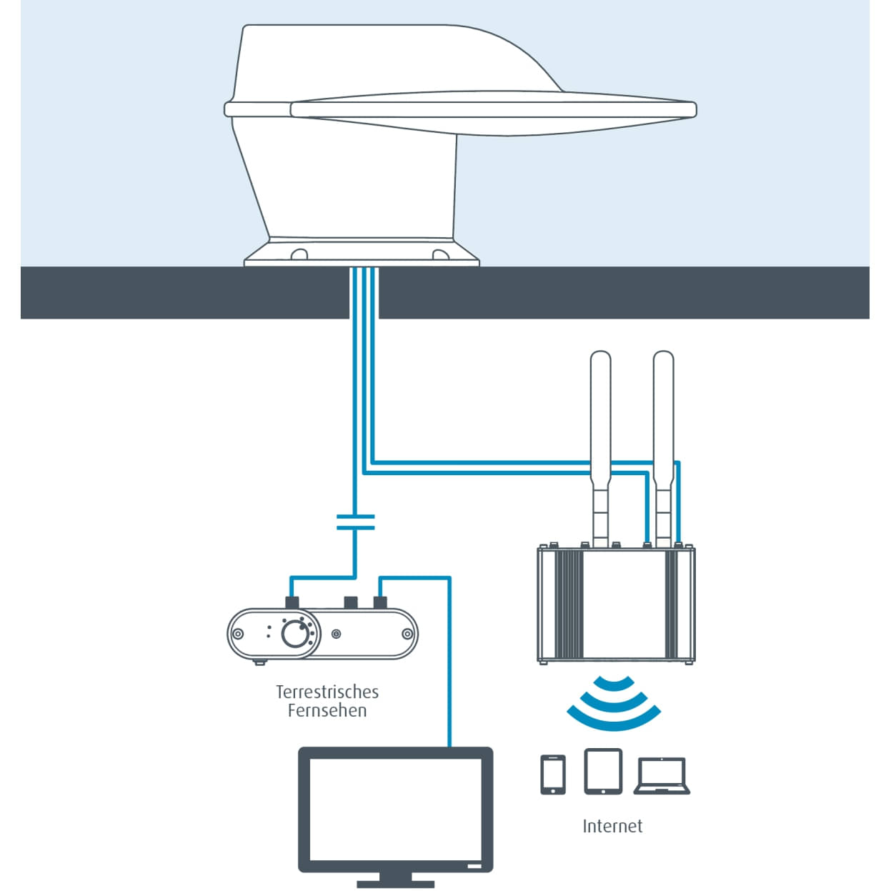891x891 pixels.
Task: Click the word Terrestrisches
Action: [327, 692]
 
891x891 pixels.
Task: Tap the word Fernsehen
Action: [327, 710]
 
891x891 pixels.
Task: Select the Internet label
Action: [612, 826]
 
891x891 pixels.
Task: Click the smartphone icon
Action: [552, 774]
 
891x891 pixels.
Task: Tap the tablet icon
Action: [603, 771]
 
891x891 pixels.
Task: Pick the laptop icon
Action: [662, 776]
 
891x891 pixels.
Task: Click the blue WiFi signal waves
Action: [614, 704]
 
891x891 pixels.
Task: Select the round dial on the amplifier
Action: [294, 633]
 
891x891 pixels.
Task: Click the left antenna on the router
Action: [600, 429]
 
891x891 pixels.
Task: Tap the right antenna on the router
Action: [663, 429]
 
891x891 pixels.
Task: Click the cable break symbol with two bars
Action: [354, 522]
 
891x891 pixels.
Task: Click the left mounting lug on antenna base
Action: [299, 254]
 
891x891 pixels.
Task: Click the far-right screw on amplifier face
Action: [407, 634]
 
